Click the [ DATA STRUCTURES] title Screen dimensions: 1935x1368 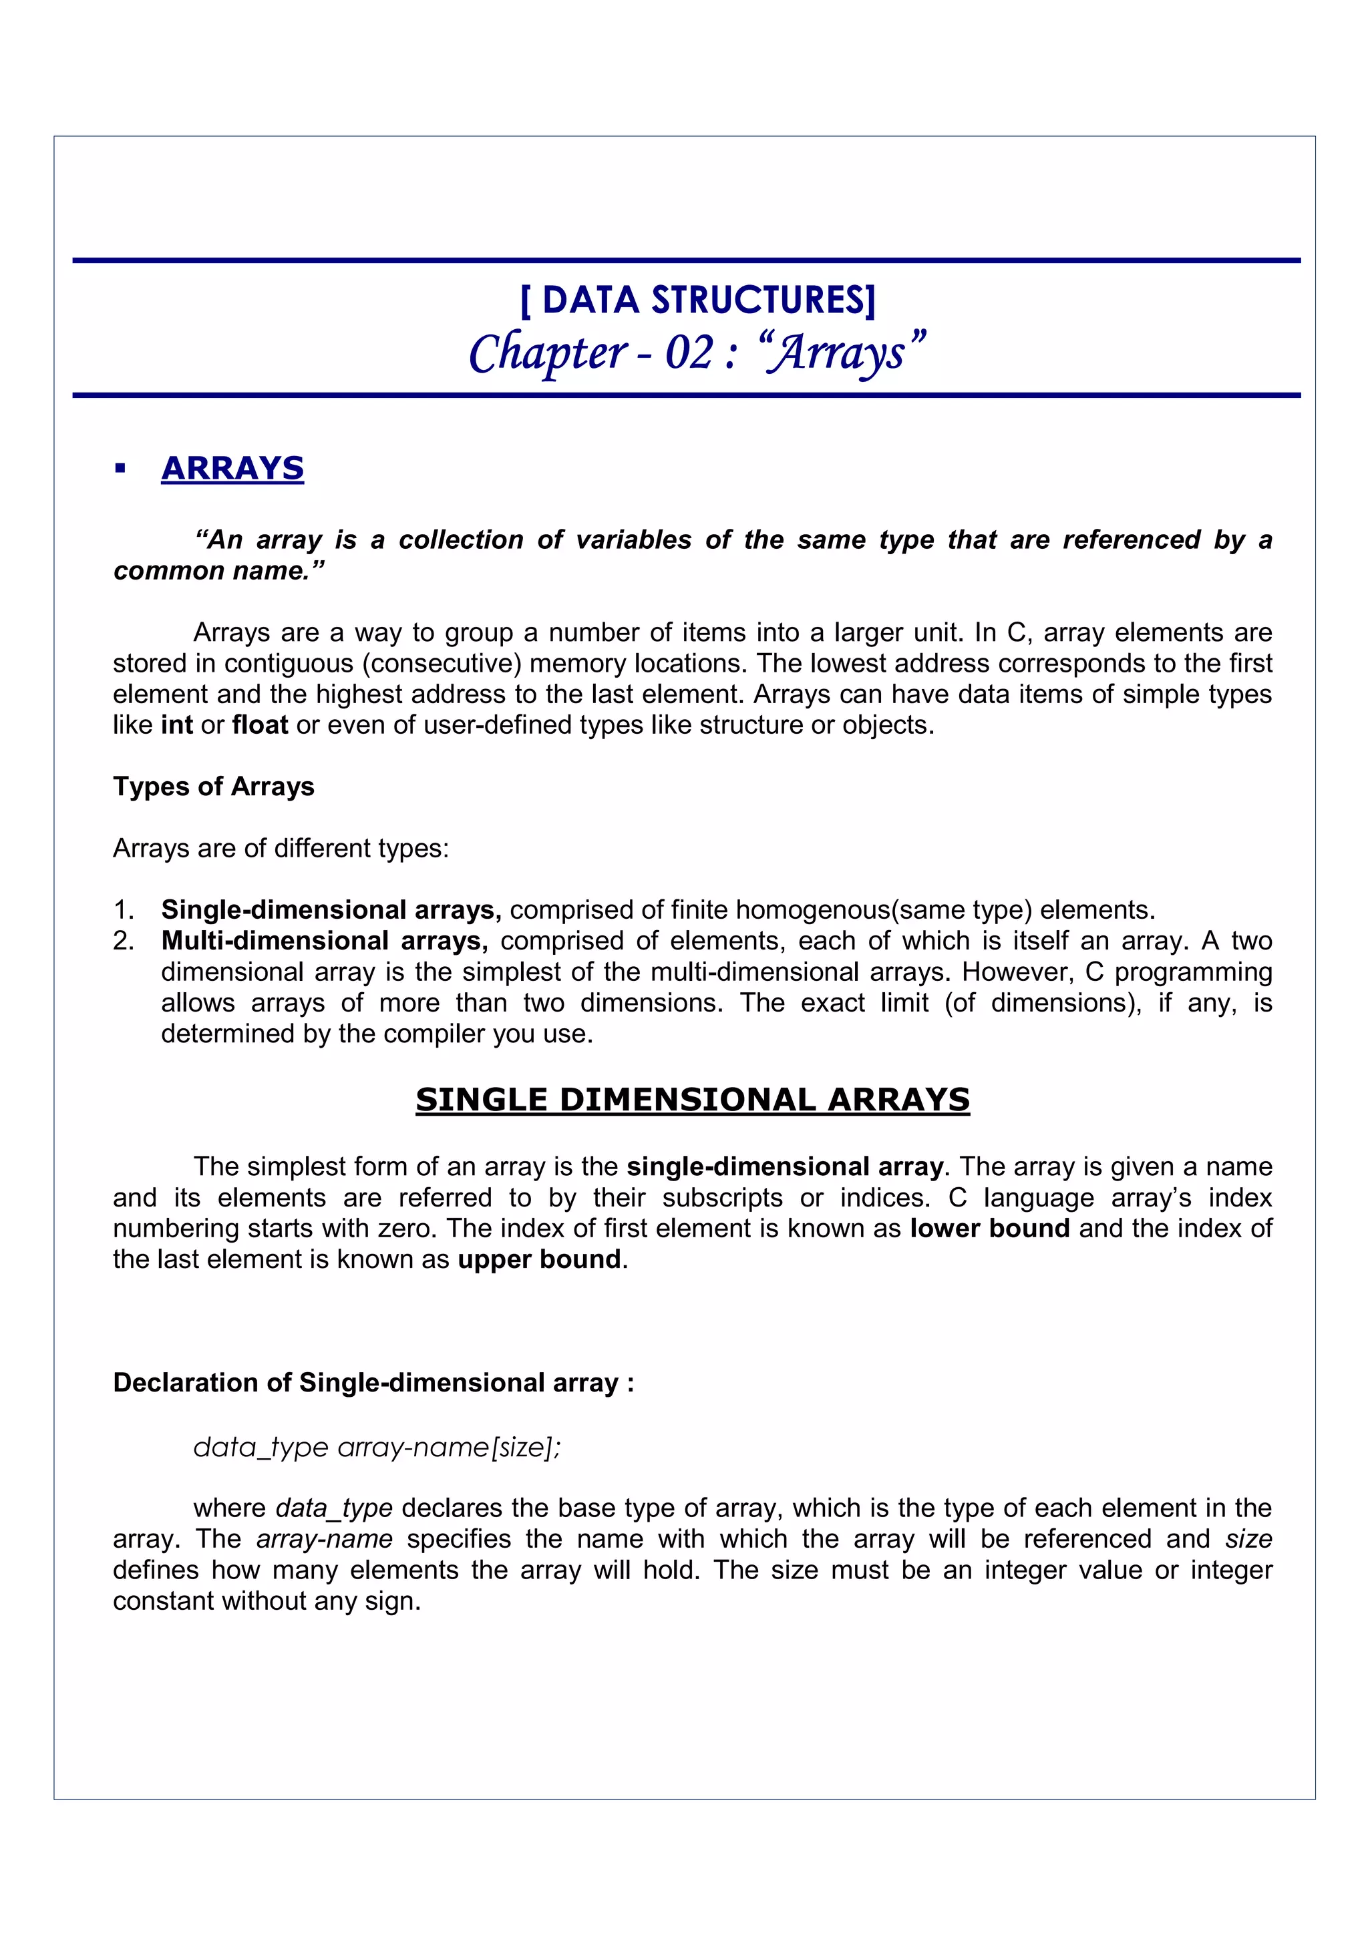pos(698,300)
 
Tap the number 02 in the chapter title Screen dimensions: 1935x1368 pos(689,353)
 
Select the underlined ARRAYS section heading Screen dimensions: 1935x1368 pos(232,469)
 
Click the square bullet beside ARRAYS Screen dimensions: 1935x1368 pos(120,469)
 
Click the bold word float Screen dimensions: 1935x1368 pos(260,724)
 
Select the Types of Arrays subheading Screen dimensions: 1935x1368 pos(213,787)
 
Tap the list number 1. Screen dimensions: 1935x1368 pos(123,910)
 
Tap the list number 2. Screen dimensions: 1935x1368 pos(123,941)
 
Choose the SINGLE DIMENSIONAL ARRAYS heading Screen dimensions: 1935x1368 pos(692,1100)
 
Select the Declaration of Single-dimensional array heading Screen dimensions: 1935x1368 pos(373,1383)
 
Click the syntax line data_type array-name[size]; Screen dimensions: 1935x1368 pos(377,1447)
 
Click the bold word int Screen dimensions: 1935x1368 pos(177,724)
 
